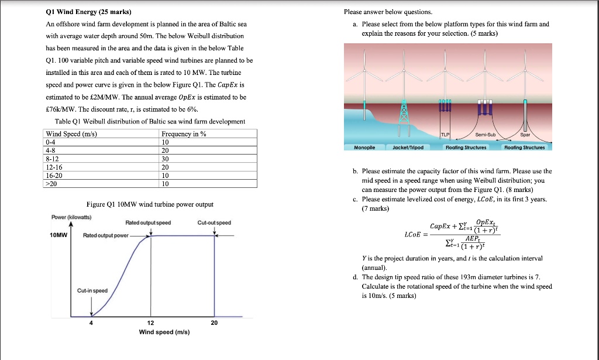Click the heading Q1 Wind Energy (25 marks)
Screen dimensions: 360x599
(88, 12)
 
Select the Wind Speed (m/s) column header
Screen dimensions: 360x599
(71, 134)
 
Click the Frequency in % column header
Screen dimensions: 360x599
(184, 134)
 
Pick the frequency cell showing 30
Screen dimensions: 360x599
(165, 158)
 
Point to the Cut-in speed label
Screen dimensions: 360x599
(92, 291)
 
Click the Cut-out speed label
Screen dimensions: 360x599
(214, 222)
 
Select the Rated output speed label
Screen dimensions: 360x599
(148, 222)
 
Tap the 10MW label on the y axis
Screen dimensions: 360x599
(58, 235)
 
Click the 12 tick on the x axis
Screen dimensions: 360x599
(150, 323)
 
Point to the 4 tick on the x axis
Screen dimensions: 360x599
(91, 323)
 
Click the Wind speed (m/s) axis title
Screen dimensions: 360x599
(164, 332)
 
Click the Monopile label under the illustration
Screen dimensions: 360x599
(364, 148)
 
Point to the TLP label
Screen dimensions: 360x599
(445, 134)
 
